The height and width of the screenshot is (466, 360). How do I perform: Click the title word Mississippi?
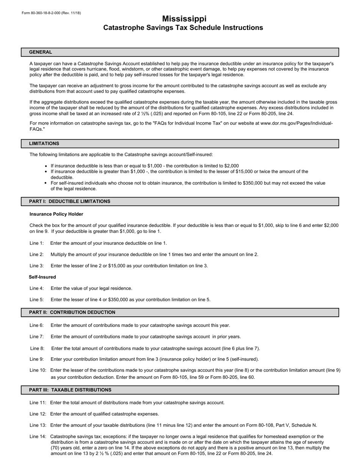(184, 19)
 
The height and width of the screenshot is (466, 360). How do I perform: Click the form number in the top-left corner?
(51, 13)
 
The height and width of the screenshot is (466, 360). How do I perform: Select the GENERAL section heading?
(41, 52)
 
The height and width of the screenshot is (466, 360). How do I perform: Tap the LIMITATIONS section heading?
(44, 144)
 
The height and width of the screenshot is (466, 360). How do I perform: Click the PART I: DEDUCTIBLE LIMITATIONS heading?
(70, 202)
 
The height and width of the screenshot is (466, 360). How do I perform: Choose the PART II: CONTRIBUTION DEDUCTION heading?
(72, 313)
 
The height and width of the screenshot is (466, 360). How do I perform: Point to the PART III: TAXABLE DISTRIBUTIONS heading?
(70, 390)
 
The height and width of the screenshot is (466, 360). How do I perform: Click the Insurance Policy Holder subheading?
(56, 214)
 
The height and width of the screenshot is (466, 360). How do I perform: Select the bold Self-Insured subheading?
(42, 277)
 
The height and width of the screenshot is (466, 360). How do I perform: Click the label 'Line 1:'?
(37, 243)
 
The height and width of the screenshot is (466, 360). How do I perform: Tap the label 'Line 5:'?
(37, 300)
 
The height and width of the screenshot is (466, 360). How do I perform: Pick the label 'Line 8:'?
(37, 349)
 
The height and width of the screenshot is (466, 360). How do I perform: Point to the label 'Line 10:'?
(38, 370)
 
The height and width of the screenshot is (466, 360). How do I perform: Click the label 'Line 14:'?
(38, 436)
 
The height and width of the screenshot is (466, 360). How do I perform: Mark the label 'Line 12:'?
(38, 414)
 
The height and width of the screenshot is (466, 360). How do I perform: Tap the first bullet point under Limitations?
(46, 166)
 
